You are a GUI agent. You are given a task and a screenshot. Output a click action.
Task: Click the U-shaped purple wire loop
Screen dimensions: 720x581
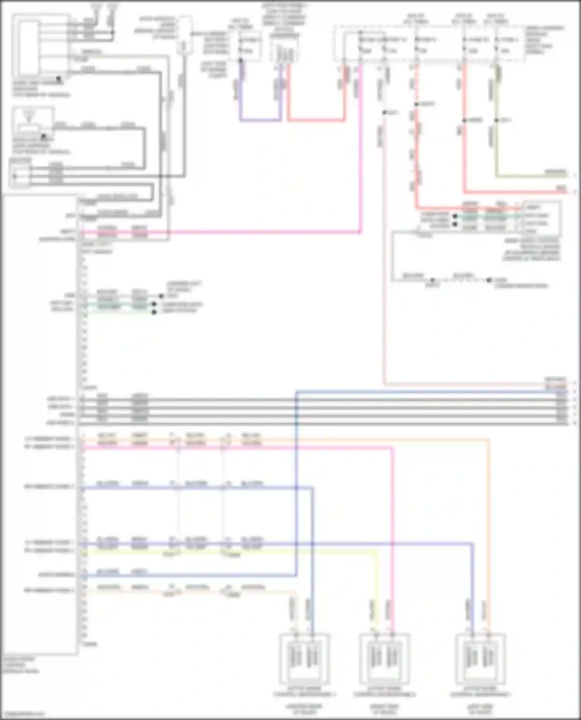260,120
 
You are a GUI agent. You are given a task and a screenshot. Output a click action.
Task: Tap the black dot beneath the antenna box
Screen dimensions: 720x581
43,136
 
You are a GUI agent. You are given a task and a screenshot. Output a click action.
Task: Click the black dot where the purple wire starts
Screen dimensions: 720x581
241,61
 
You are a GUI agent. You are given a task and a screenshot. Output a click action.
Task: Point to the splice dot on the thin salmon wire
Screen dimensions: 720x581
384,113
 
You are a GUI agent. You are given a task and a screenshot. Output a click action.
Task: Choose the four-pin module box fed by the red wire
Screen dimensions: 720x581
541,219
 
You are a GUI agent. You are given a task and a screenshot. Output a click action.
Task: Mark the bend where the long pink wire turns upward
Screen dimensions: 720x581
360,232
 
